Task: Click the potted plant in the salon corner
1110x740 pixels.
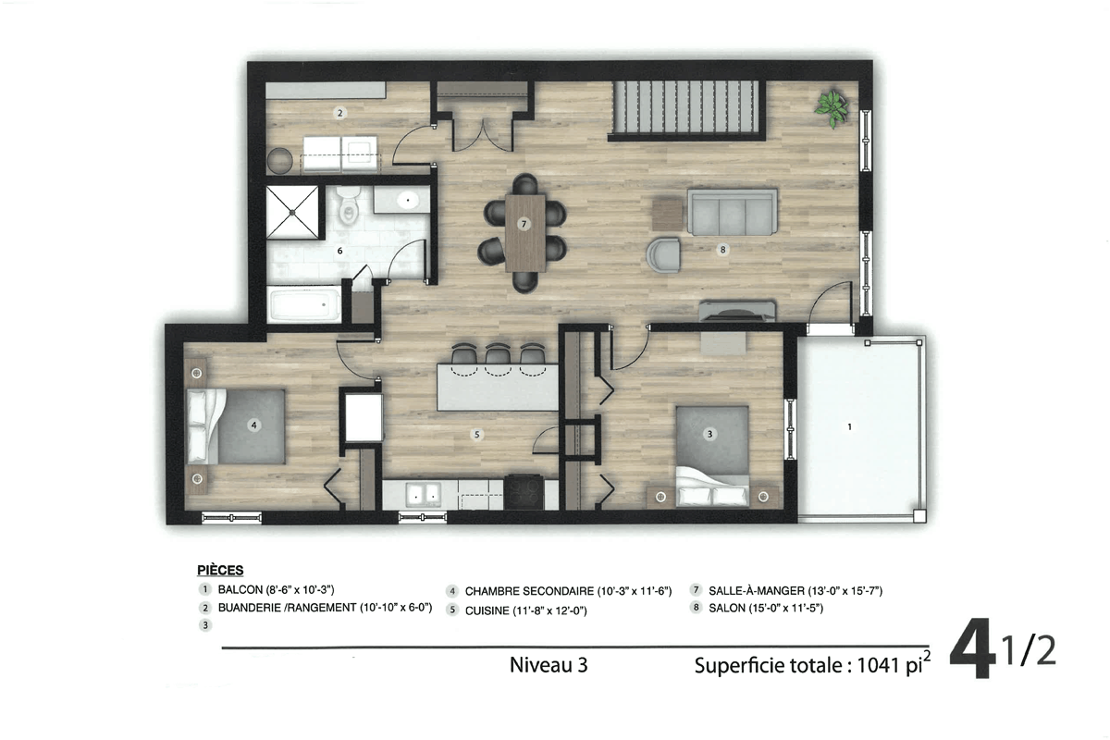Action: [833, 108]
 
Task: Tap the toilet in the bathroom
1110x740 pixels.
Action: [348, 204]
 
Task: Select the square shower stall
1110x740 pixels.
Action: [292, 212]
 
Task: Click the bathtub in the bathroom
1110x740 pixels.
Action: [304, 305]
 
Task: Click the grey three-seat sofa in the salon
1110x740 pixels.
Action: [733, 212]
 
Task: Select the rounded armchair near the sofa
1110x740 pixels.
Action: [663, 254]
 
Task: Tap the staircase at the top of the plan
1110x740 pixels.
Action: [686, 107]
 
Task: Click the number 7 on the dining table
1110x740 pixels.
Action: [524, 224]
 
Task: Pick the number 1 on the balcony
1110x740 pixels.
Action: [850, 426]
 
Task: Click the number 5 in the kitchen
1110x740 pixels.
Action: [476, 435]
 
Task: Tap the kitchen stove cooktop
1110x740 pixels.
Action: [524, 492]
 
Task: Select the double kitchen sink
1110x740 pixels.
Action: [423, 494]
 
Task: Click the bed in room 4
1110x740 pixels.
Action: [236, 426]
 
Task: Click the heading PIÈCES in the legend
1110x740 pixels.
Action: [220, 570]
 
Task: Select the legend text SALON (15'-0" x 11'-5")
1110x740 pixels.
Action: [766, 608]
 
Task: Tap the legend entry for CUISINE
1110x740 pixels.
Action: [525, 610]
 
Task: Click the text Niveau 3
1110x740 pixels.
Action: [549, 665]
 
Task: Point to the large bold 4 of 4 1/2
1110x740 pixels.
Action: [972, 647]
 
